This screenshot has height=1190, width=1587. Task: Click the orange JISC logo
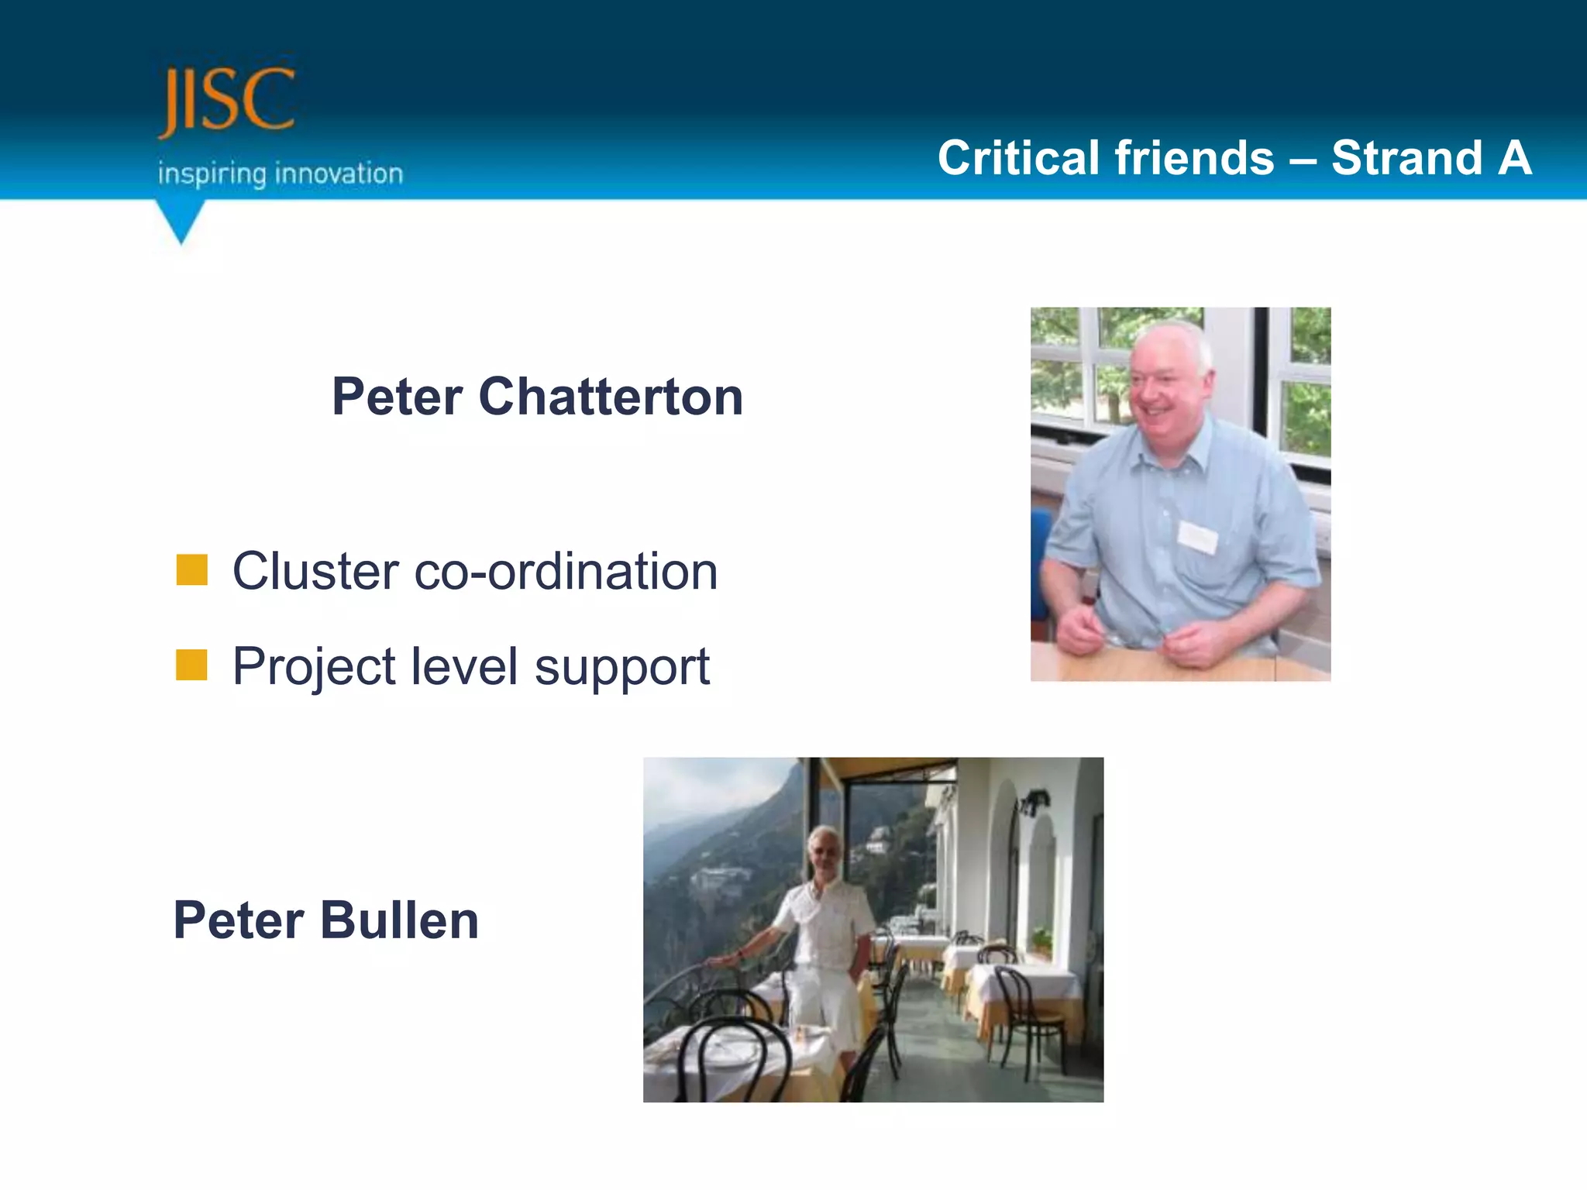(226, 101)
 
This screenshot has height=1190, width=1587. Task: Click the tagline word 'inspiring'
(212, 174)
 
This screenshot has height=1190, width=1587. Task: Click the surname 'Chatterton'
(611, 397)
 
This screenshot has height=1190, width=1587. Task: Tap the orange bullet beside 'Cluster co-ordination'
(191, 570)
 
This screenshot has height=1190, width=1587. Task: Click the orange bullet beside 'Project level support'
(191, 665)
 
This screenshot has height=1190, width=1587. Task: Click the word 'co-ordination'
(566, 572)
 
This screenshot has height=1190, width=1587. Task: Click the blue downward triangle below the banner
(181, 222)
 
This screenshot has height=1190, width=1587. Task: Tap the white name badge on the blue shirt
(1197, 536)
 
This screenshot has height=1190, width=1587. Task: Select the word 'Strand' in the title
(1406, 158)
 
